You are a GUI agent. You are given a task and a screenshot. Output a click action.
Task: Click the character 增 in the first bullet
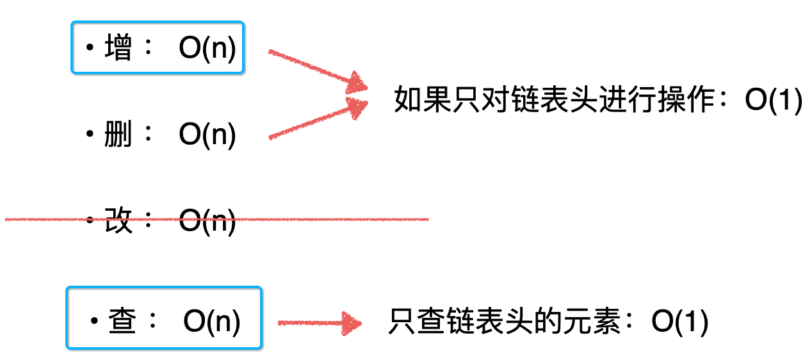[118, 49]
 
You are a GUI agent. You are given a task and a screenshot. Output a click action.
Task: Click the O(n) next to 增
[207, 49]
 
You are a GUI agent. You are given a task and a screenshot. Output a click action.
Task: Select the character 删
[118, 135]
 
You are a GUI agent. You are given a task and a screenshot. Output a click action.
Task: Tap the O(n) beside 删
[207, 135]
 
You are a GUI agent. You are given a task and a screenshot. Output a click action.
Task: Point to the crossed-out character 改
[118, 221]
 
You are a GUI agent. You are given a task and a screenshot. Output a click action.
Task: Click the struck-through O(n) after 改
[207, 221]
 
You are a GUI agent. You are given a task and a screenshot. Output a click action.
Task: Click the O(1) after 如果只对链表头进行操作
[774, 101]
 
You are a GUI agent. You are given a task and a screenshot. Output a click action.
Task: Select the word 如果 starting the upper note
[411, 101]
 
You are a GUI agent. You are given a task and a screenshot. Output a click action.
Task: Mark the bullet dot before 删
[90, 135]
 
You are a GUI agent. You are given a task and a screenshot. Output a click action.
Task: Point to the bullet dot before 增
[90, 49]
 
